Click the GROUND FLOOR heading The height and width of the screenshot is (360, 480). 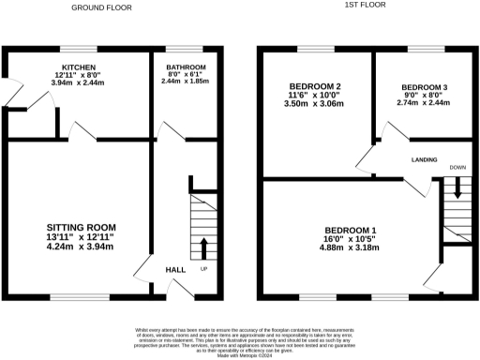pyautogui.click(x=101, y=7)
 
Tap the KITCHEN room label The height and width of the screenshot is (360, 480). pyautogui.click(x=80, y=68)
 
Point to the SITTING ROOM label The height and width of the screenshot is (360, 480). pyautogui.click(x=82, y=227)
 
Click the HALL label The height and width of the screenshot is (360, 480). pyautogui.click(x=175, y=271)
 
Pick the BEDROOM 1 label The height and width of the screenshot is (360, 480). pyautogui.click(x=351, y=231)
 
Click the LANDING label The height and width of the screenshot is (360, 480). pyautogui.click(x=425, y=160)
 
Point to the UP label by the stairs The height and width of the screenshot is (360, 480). pyautogui.click(x=203, y=271)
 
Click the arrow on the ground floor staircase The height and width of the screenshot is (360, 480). pyautogui.click(x=204, y=248)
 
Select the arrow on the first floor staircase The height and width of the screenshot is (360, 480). pyautogui.click(x=457, y=187)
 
